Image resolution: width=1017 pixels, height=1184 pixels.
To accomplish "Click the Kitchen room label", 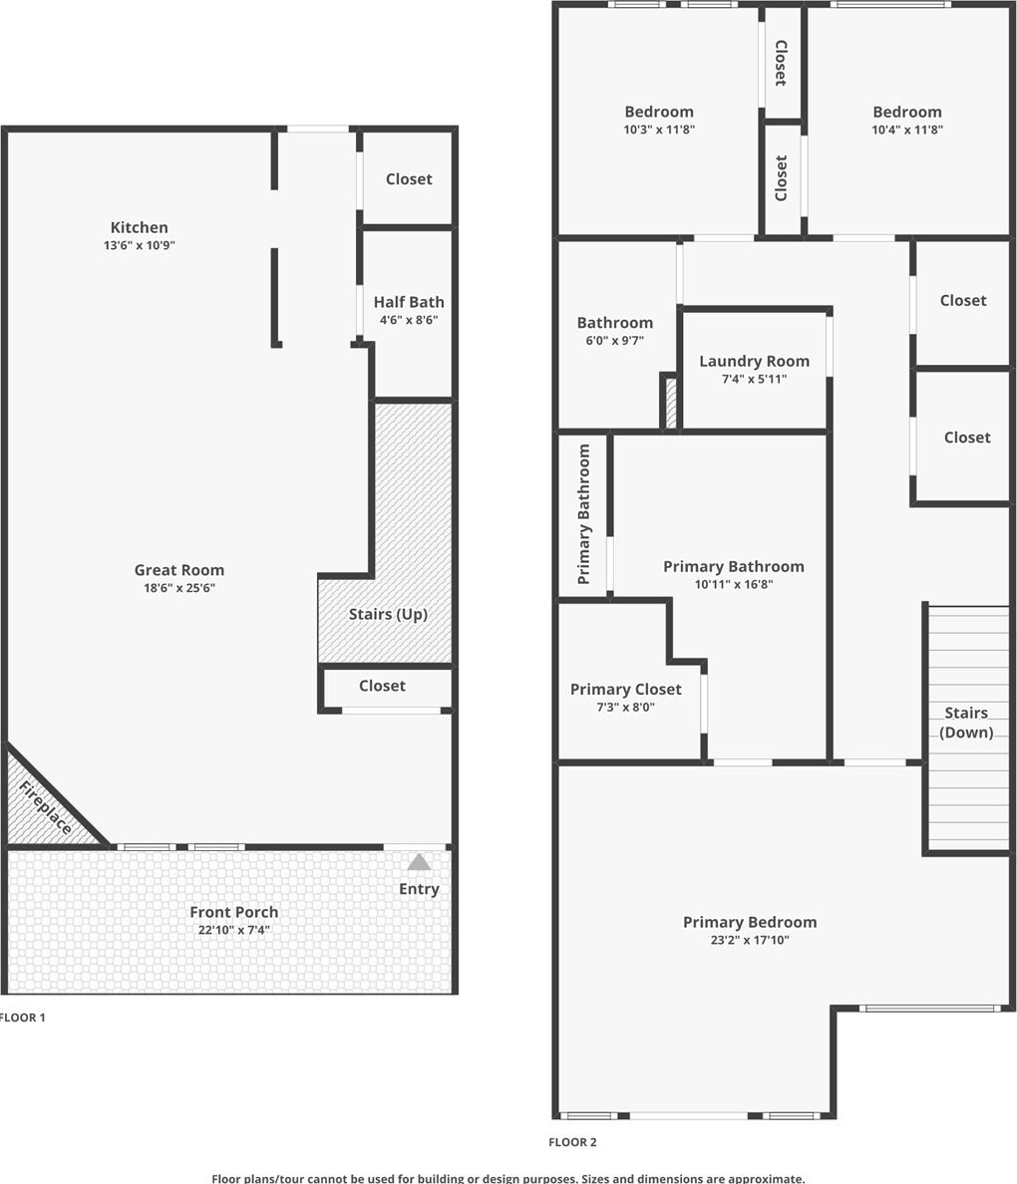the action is (139, 227).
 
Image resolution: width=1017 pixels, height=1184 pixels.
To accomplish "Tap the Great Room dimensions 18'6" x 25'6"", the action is (179, 587).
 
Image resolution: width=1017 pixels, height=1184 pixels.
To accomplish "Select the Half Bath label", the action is (409, 302).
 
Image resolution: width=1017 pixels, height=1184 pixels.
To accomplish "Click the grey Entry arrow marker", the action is (420, 862).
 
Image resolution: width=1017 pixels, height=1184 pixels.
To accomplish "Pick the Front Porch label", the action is (233, 912).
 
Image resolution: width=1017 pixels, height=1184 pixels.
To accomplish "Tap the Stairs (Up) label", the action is (389, 614).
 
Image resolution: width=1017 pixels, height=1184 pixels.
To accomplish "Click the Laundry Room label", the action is (754, 361).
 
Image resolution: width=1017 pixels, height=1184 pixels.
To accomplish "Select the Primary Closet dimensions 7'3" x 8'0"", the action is (625, 707).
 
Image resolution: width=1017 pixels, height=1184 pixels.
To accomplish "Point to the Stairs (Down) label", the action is (966, 723).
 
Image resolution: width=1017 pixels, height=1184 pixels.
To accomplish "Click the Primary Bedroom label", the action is (750, 922).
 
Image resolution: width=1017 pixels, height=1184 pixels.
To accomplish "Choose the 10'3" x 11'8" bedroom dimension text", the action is (659, 130).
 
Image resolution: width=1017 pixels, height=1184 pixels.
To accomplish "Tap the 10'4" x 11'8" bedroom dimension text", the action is (907, 130).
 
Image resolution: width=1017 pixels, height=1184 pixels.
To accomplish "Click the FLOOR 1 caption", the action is (22, 1018).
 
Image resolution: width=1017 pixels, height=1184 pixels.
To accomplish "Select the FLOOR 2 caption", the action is (572, 1142).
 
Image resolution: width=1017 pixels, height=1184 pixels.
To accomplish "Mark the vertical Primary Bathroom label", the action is (583, 514).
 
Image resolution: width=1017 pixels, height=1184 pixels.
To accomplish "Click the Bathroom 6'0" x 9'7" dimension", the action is (615, 341).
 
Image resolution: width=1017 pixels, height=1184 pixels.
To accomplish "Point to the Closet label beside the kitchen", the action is (409, 179).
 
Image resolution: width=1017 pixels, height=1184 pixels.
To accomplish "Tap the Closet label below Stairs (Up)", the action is (382, 686).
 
